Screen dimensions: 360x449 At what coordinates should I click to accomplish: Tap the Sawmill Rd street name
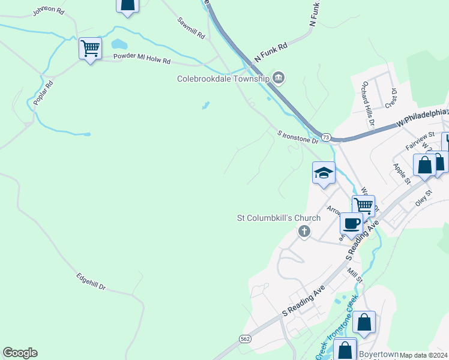[x=191, y=28]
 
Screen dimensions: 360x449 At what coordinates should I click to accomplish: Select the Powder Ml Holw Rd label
[x=142, y=60]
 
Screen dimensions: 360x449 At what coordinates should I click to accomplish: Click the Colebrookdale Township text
[x=223, y=79]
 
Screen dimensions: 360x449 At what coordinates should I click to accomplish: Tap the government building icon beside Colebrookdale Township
[x=279, y=77]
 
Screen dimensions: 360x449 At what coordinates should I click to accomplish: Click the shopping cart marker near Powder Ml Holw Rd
[x=90, y=48]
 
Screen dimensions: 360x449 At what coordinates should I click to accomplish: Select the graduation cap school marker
[x=324, y=173]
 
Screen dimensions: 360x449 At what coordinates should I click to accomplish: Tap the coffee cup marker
[x=352, y=224]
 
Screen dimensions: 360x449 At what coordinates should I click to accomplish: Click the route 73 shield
[x=326, y=137]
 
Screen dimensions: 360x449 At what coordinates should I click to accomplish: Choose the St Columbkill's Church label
[x=279, y=218]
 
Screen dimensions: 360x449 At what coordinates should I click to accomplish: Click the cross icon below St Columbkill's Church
[x=304, y=232]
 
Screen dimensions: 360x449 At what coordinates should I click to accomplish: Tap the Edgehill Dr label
[x=91, y=282]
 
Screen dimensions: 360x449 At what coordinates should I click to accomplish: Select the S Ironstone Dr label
[x=298, y=137]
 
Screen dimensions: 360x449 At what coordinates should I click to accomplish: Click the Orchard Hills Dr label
[x=367, y=106]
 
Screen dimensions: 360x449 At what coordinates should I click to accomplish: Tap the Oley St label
[x=424, y=198]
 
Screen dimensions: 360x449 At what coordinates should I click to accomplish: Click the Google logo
[x=20, y=353]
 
